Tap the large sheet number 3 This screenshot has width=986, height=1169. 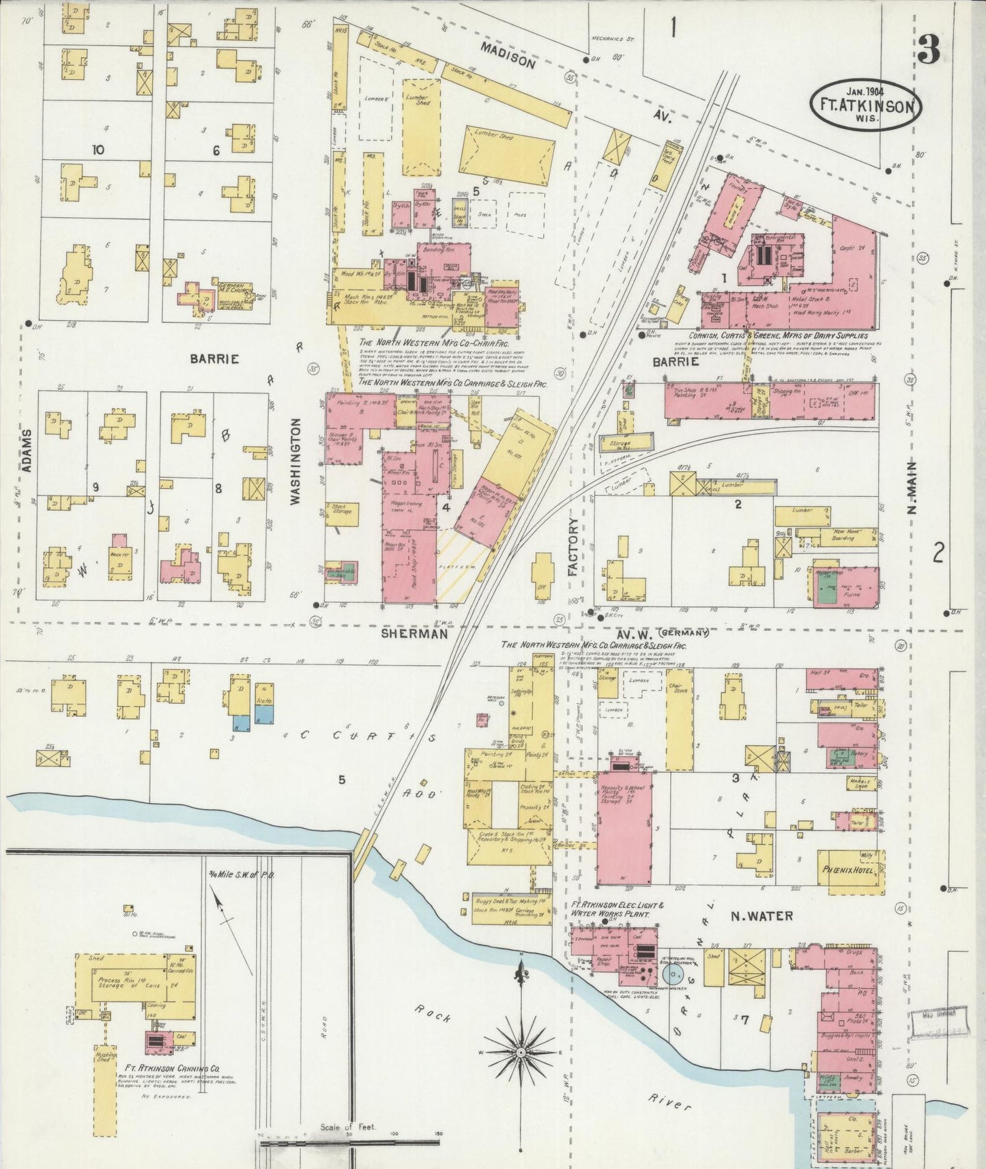(929, 49)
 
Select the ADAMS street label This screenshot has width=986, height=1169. (27, 451)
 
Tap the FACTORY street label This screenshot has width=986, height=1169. (572, 546)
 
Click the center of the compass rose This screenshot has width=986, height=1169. (521, 1046)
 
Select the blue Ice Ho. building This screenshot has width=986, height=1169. (263, 714)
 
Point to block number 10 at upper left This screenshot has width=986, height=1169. (98, 150)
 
